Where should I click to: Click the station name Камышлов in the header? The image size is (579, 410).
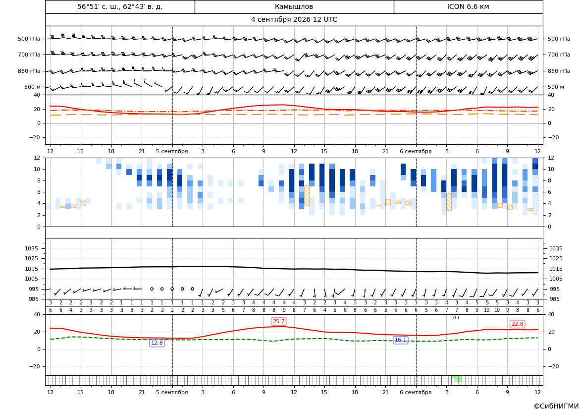[x=294, y=7]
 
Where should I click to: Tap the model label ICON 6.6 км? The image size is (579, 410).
[x=468, y=7]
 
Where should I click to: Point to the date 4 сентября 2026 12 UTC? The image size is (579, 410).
[x=294, y=20]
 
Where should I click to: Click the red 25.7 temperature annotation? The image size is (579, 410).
[x=278, y=322]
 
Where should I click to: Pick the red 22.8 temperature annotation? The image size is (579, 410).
[x=517, y=324]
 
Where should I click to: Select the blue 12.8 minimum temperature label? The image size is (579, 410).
[x=157, y=343]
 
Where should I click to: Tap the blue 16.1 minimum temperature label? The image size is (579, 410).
[x=400, y=340]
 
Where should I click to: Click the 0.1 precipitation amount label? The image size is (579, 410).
[x=456, y=318]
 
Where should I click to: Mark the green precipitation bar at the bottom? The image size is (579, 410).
[x=457, y=378]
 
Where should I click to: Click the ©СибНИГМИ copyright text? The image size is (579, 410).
[x=556, y=407]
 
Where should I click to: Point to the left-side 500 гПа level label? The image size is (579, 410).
[x=29, y=39]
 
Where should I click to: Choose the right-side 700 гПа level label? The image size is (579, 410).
[x=559, y=55]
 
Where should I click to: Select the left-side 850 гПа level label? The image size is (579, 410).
[x=29, y=71]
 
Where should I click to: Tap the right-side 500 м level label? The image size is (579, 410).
[x=556, y=87]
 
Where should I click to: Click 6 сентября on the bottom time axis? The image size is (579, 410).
[x=416, y=392]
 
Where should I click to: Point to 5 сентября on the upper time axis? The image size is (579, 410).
[x=172, y=151]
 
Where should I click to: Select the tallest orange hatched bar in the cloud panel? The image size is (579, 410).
[x=307, y=195]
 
